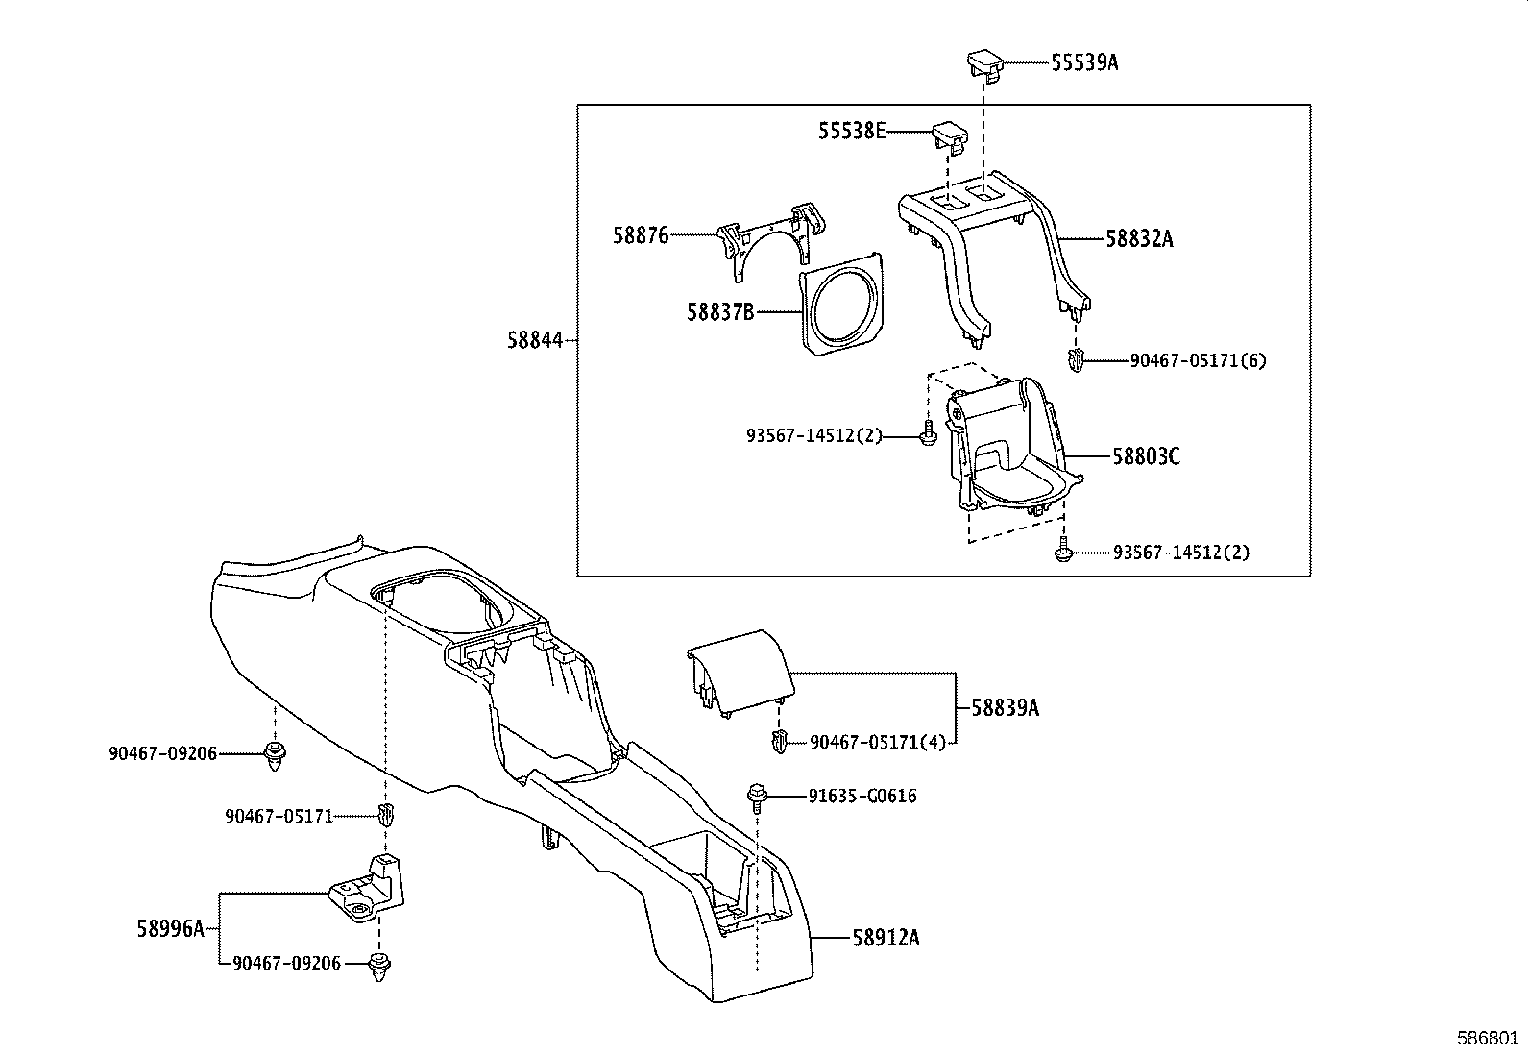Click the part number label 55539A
click(1084, 62)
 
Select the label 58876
click(641, 235)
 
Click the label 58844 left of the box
click(534, 339)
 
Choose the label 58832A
click(1139, 238)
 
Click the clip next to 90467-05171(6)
click(1076, 362)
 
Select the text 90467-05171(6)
click(1198, 361)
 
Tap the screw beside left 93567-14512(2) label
click(928, 434)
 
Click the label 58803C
click(1146, 455)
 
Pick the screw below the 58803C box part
click(1062, 553)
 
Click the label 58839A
click(1005, 708)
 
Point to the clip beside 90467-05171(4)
click(779, 741)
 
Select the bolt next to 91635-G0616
click(756, 795)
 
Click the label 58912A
click(885, 937)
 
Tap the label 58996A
click(170, 928)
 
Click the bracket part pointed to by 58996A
click(369, 890)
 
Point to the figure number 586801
click(1488, 1038)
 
